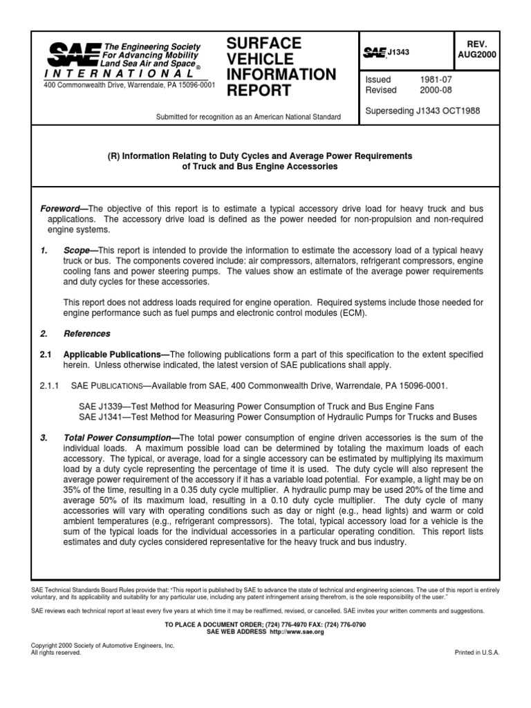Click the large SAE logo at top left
71,54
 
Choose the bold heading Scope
80,250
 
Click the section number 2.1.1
50,384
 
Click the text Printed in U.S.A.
476,653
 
